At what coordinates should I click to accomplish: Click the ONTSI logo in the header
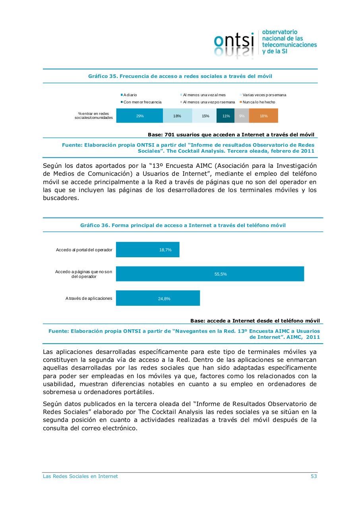click(265, 44)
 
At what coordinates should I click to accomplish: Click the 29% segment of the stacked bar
click(139, 116)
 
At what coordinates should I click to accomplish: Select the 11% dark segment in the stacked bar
click(225, 116)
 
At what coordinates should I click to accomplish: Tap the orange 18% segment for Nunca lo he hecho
click(263, 116)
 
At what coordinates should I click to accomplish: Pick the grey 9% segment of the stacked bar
click(242, 116)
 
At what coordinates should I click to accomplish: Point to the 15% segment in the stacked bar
click(205, 116)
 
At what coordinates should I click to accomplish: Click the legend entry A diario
click(130, 95)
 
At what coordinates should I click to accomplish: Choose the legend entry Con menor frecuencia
click(142, 102)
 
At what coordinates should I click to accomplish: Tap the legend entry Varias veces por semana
click(264, 95)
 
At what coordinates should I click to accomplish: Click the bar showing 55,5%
click(210, 274)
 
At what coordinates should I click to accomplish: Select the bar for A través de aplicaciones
click(158, 298)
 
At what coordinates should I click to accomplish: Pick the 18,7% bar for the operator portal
click(147, 250)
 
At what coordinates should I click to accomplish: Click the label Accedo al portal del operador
click(84, 250)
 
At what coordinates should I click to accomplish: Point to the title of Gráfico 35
click(180, 76)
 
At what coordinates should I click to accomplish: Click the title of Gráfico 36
click(183, 225)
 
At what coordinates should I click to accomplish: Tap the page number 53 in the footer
click(314, 476)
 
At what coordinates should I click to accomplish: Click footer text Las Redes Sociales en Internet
click(80, 476)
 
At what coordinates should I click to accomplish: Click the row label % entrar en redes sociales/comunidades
click(94, 116)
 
